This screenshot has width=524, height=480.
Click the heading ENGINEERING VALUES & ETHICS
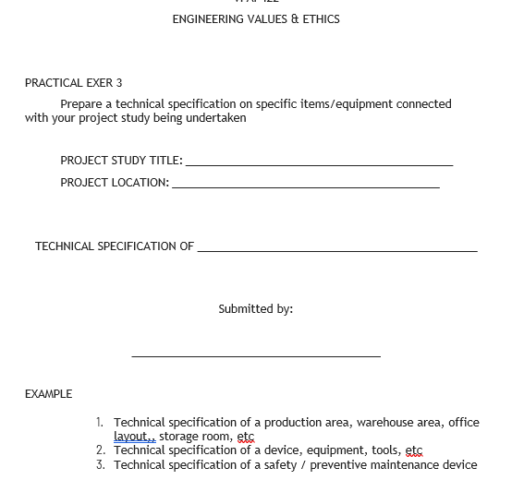point(256,19)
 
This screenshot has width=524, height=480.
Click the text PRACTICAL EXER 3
point(74,83)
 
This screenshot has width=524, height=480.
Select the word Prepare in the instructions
point(81,104)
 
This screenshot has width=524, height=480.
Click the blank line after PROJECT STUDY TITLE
point(319,163)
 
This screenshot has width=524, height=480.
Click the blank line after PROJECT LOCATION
point(305,186)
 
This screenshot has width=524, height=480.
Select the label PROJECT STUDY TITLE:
point(121,161)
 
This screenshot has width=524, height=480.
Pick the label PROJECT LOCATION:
point(115,183)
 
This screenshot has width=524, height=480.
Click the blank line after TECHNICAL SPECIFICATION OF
point(337,249)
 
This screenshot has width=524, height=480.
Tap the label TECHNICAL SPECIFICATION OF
point(115,246)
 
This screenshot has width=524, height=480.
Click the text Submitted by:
point(256,309)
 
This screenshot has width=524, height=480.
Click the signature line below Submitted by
point(256,355)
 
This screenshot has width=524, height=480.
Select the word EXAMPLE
point(48,394)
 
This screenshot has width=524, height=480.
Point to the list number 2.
point(100,450)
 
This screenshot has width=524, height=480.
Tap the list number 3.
point(100,465)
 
